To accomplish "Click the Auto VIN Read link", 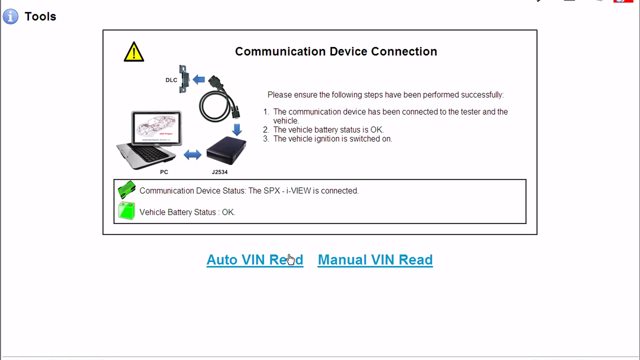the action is click(255, 260).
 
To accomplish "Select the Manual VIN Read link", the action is click(375, 260).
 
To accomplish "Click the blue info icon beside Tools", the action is click(10, 16).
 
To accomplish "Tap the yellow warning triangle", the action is click(134, 52).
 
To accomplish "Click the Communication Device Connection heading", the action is click(336, 51).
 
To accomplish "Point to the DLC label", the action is click(171, 80).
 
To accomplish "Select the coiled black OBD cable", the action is click(218, 100).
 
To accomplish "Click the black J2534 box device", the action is click(226, 150).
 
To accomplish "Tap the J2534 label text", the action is click(220, 172).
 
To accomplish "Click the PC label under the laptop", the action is click(164, 172).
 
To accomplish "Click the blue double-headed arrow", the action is click(192, 155).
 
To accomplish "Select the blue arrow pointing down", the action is click(237, 129).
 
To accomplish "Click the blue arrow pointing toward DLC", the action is click(199, 79).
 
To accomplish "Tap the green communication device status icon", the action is click(127, 190).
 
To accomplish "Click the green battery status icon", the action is click(127, 211).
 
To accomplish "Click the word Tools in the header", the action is click(40, 16).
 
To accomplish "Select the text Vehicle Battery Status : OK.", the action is click(187, 212).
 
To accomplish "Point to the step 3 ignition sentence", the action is click(332, 139).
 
